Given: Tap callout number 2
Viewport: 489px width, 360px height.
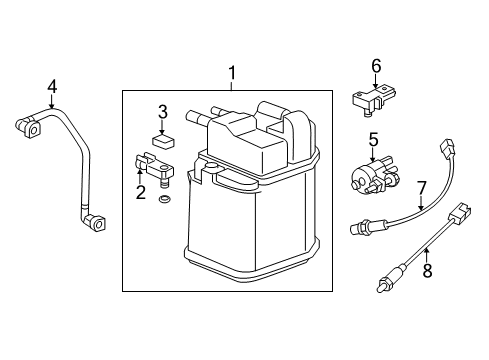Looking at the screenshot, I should point(142,192).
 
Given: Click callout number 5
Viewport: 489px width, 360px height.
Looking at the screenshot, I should point(372,140).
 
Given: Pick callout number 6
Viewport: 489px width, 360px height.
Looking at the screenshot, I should point(376,66).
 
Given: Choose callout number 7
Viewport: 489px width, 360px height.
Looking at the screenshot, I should point(421,186).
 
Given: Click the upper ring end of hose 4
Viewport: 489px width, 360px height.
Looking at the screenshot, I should point(27,128).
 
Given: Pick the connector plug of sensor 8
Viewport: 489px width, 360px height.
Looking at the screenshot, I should point(460,213).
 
